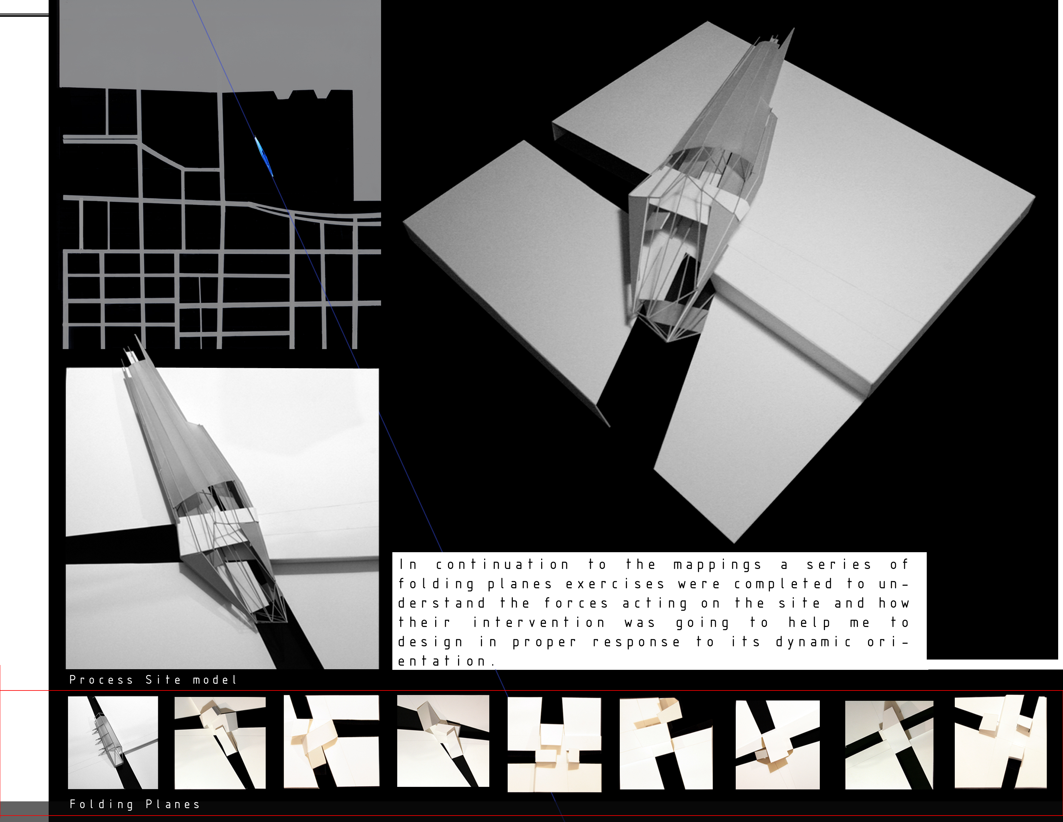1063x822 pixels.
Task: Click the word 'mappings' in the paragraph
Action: pyautogui.click(x=717, y=565)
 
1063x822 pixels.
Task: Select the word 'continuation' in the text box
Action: pyautogui.click(x=502, y=565)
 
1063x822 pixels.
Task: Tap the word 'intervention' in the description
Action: pyautogui.click(x=539, y=623)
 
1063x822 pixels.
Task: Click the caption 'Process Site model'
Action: pyautogui.click(x=153, y=680)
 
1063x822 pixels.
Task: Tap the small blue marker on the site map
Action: pyautogui.click(x=263, y=156)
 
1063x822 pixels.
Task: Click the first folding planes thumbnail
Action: pyautogui.click(x=113, y=742)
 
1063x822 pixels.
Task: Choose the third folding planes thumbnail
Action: pyautogui.click(x=331, y=741)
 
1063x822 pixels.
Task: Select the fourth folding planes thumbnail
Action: pyautogui.click(x=443, y=741)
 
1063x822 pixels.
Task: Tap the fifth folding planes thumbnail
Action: pyautogui.click(x=554, y=744)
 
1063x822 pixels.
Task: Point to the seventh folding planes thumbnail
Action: pyautogui.click(x=777, y=745)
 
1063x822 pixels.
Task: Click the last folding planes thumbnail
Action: pyautogui.click(x=1000, y=742)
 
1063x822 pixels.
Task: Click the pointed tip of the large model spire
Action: pyautogui.click(x=794, y=29)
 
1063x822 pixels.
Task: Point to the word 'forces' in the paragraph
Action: pyautogui.click(x=576, y=603)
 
